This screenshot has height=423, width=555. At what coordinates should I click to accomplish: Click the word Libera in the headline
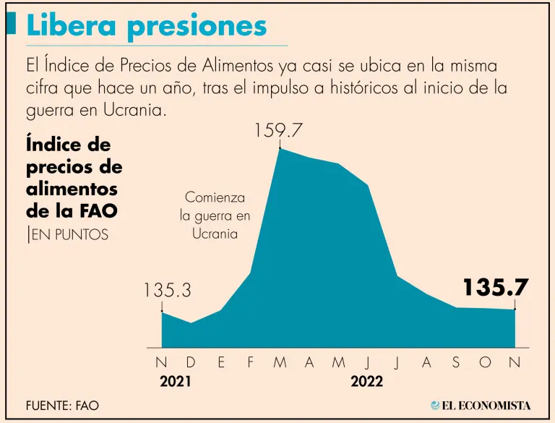(71, 26)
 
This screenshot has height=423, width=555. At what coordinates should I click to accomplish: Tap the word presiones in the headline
(196, 27)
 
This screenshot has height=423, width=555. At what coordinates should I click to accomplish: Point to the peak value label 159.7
(278, 131)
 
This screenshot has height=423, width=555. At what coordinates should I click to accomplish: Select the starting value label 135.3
(167, 291)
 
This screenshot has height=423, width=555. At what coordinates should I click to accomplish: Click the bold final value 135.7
(496, 287)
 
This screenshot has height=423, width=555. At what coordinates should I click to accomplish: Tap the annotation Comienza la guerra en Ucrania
(215, 215)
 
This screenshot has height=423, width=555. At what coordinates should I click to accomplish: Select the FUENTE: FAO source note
(62, 406)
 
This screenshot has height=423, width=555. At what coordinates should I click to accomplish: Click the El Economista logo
(481, 406)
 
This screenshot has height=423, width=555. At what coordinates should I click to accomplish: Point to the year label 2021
(175, 381)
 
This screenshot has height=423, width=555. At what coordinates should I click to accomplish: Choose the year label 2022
(367, 381)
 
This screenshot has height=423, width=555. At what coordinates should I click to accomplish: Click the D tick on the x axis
(191, 363)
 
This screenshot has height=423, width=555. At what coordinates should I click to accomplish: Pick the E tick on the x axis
(221, 363)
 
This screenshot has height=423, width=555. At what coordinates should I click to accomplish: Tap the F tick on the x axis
(251, 363)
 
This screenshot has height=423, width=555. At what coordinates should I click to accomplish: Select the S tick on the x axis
(456, 363)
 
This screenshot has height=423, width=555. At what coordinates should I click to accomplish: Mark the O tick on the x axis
(485, 363)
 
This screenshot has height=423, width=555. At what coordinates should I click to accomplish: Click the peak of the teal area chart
(280, 150)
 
